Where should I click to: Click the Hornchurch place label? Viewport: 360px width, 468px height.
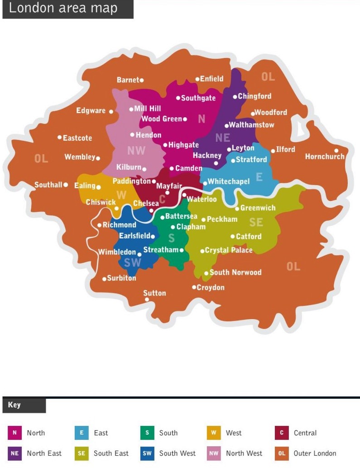[325, 157]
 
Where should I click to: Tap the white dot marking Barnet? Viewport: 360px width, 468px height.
[142, 80]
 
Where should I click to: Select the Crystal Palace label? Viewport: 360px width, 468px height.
[229, 250]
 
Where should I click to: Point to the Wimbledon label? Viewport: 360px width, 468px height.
[117, 252]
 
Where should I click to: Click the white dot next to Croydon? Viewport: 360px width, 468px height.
[194, 287]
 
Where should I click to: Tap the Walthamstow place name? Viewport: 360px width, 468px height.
[251, 125]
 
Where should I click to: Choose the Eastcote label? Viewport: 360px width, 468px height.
[77, 138]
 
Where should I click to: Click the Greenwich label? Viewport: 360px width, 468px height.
[258, 208]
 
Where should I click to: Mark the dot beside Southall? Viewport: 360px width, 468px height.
[66, 185]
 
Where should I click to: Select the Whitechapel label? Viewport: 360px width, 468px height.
[229, 181]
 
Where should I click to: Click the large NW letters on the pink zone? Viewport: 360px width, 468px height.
[136, 151]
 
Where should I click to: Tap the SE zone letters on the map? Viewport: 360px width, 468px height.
[256, 222]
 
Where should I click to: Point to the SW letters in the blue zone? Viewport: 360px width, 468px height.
[133, 263]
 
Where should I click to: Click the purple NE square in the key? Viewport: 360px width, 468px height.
[14, 453]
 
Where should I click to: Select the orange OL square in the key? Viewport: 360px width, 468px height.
[282, 453]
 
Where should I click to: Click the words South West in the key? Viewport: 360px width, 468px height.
[178, 453]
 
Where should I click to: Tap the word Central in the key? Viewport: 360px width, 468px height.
[305, 433]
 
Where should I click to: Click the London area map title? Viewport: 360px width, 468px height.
[63, 8]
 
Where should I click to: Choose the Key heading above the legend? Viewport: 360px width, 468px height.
[14, 405]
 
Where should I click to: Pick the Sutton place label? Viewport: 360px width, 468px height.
[155, 293]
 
